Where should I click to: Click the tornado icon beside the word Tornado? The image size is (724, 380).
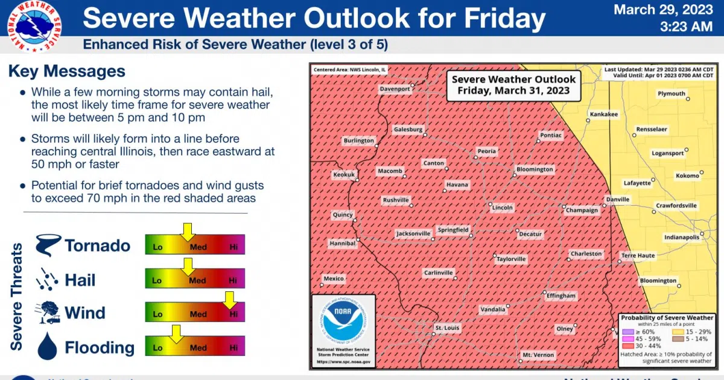tap(48, 245)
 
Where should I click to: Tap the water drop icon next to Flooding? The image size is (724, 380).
tap(47, 347)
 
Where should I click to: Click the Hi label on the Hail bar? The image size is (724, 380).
tap(233, 280)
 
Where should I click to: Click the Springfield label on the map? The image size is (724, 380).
tap(453, 230)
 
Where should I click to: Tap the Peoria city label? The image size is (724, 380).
tap(486, 151)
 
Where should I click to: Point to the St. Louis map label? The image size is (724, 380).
tap(447, 328)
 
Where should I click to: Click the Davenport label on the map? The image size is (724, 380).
tap(395, 89)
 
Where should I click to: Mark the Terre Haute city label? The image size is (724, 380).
tap(638, 256)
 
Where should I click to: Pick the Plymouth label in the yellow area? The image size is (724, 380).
tap(671, 93)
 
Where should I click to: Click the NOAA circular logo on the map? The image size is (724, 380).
tap(343, 323)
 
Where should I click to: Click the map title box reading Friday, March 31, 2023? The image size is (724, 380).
tap(513, 85)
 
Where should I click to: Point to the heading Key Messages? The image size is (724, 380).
tap(67, 71)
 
